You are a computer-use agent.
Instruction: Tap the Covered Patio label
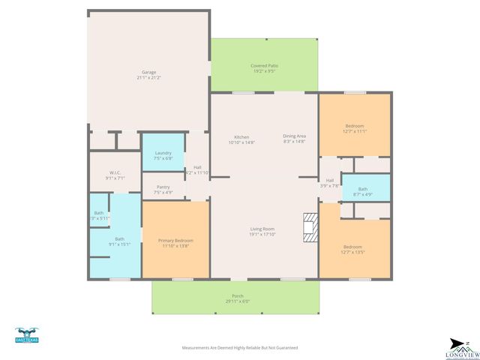[x=264, y=66]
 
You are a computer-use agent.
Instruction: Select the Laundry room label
[x=163, y=153]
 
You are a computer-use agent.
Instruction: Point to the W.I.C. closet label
[x=115, y=173]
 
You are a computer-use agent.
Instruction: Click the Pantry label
[x=163, y=187]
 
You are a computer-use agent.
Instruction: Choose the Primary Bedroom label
[x=175, y=241]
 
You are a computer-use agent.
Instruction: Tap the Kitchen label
[x=241, y=137]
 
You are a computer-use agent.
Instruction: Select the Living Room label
[x=262, y=229]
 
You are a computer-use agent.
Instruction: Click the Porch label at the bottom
[x=237, y=295]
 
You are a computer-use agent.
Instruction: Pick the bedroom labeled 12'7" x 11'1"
[x=354, y=128]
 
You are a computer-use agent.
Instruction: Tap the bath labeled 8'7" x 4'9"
[x=363, y=191]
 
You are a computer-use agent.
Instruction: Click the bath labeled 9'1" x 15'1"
[x=119, y=241]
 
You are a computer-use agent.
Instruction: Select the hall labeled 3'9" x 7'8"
[x=329, y=182]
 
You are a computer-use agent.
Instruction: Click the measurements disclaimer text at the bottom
[x=240, y=348]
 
